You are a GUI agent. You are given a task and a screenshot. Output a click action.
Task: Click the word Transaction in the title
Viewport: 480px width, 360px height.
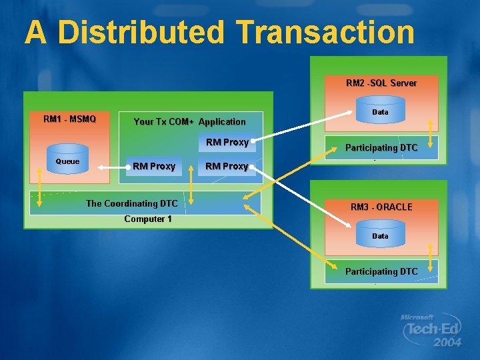point(325,32)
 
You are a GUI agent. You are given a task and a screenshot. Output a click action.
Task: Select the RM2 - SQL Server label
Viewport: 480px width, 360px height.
point(381,83)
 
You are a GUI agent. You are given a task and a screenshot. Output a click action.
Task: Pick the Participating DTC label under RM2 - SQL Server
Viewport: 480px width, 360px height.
point(381,147)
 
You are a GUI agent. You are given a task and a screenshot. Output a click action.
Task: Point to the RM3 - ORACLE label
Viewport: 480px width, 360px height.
point(381,207)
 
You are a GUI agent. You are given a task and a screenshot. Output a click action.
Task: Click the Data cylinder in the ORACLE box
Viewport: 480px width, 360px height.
point(380,235)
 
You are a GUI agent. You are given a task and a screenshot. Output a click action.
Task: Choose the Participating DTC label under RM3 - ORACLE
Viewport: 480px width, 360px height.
point(381,271)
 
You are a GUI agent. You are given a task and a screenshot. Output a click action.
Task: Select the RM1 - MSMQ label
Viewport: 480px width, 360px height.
point(69,119)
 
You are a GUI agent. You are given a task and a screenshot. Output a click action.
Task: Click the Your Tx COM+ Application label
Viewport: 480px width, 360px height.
point(189,121)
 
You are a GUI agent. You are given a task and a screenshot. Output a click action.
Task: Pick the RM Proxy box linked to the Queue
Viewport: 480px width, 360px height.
point(154,166)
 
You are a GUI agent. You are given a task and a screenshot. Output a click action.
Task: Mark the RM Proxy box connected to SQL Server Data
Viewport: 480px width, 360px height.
point(227,142)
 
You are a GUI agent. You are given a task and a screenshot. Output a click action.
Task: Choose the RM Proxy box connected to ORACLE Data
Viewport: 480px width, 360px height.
point(227,166)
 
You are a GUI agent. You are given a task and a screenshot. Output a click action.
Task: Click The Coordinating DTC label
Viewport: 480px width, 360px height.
point(131,203)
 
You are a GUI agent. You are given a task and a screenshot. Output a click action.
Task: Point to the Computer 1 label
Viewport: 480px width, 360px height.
point(148,219)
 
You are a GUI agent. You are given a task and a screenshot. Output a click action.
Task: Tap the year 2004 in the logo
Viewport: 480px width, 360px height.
point(446,343)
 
